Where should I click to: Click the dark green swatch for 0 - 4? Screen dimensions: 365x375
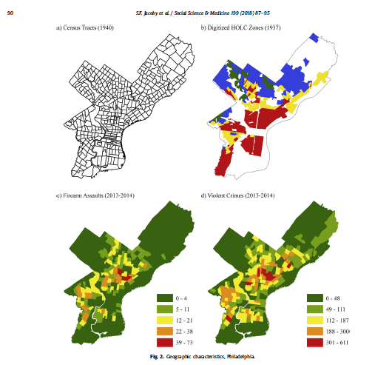[164, 297]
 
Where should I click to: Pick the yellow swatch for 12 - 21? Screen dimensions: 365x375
[164, 320]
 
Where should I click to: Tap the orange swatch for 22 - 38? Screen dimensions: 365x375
[164, 332]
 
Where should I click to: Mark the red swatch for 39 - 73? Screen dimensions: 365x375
[164, 344]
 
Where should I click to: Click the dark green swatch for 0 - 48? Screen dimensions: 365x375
[315, 297]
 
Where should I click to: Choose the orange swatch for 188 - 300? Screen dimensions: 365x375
[315, 332]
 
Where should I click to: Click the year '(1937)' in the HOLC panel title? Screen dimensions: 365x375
[278, 27]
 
